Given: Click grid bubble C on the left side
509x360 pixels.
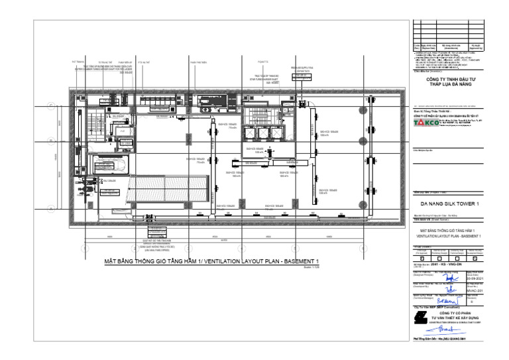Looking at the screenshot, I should (x=50, y=105).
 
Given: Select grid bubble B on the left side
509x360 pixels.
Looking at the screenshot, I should (x=50, y=141).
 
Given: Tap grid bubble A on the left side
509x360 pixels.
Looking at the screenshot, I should (x=50, y=208).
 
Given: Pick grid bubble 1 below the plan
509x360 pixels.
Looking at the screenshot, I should (x=85, y=249).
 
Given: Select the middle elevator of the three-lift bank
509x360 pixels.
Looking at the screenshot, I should (x=257, y=131).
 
